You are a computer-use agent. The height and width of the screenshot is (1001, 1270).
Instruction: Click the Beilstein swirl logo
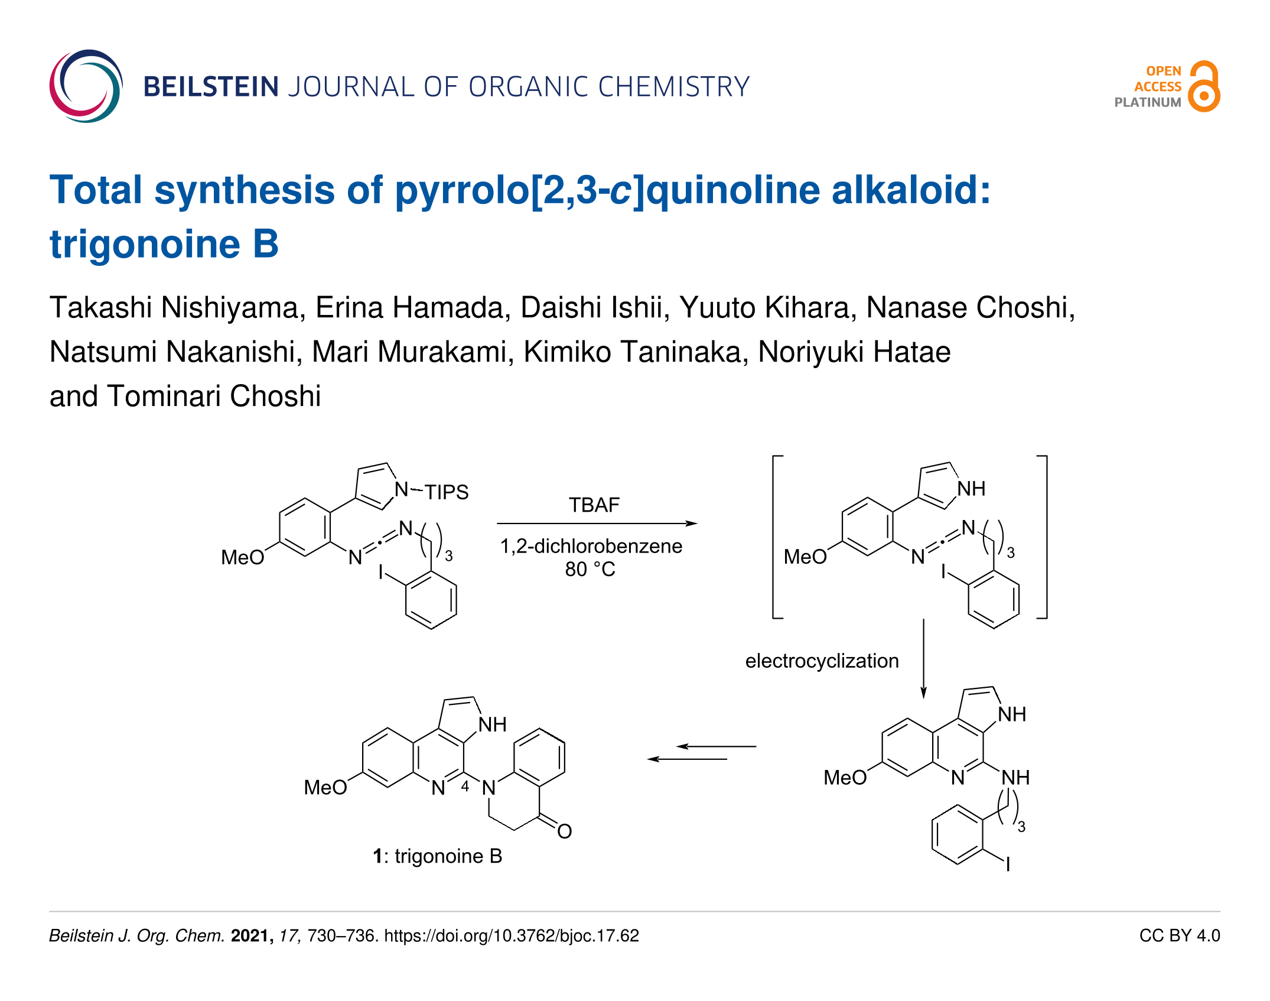(x=86, y=86)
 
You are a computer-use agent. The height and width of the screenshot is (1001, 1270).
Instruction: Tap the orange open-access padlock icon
(x=1204, y=87)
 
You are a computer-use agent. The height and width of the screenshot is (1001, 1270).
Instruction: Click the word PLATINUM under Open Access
(x=1147, y=102)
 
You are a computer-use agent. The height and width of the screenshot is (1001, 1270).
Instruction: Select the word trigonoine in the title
(x=145, y=244)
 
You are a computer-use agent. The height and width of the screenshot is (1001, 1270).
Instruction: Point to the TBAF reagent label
(x=594, y=505)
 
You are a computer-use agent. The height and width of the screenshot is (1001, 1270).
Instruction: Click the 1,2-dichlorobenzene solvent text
(x=591, y=546)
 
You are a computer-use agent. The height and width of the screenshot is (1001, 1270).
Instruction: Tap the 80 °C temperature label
(x=590, y=569)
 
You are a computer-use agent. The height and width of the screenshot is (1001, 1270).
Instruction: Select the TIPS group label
(x=446, y=492)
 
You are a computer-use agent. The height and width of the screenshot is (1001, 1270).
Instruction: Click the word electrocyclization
(x=822, y=661)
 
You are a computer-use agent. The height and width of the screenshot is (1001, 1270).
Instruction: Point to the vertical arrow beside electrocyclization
(x=923, y=659)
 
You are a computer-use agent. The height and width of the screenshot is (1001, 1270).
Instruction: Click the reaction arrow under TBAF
(x=597, y=524)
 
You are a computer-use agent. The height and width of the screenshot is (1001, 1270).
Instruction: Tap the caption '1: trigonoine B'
(x=437, y=856)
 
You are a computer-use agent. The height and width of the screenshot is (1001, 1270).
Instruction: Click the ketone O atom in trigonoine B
(x=564, y=831)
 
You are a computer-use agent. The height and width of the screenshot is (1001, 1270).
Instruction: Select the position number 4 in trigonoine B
(x=465, y=786)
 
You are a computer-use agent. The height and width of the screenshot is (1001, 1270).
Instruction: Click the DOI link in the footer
(x=512, y=935)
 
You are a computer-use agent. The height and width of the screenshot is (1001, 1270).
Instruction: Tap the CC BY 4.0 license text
(x=1179, y=935)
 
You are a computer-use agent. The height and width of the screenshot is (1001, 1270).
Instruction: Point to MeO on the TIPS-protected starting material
(x=242, y=557)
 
